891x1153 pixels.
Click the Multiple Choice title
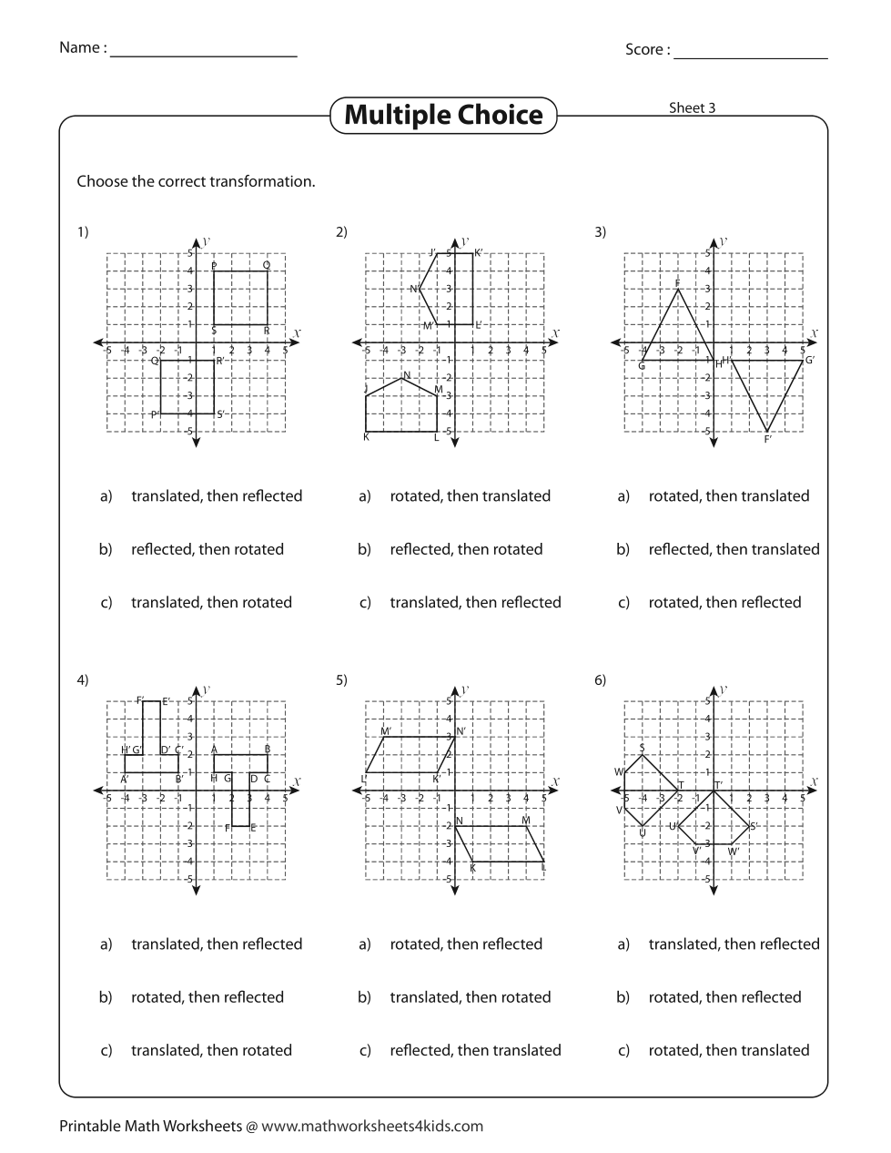pos(443,116)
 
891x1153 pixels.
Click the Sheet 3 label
pos(692,107)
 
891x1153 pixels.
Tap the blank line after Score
pos(750,56)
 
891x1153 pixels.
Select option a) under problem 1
pos(216,496)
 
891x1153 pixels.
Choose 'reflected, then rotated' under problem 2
pos(466,549)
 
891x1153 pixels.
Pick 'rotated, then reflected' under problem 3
pos(724,602)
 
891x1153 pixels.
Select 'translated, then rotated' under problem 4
pos(211,1050)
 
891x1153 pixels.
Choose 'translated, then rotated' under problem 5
pos(471,997)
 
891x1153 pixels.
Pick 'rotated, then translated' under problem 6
pos(728,1050)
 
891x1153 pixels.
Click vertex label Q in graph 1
pos(267,265)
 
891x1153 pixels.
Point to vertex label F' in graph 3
pos(768,440)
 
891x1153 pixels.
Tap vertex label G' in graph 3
pos(809,360)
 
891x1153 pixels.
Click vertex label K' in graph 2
pos(479,252)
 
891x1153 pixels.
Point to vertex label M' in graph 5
pos(386,731)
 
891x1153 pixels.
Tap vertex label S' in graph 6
pos(754,826)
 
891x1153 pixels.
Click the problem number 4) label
pos(83,679)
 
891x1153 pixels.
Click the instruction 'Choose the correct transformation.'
pos(196,181)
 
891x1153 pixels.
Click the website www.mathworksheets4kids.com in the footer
pos(372,1126)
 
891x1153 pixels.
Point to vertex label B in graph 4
pos(267,749)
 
